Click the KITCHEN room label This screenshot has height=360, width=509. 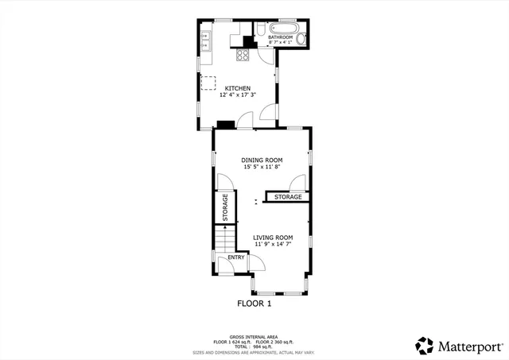237,88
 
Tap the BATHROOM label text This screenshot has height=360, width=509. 280,37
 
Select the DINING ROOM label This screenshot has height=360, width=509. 262,160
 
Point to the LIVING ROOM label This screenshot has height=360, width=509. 273,237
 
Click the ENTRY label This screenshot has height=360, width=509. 236,257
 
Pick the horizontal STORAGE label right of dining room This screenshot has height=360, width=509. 288,197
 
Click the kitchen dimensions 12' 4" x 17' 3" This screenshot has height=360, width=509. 237,95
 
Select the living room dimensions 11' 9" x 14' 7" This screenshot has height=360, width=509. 273,245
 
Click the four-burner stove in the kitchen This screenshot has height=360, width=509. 243,55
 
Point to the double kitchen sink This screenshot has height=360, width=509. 205,41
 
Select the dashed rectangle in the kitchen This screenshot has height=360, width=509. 208,83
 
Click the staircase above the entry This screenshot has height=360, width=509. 225,238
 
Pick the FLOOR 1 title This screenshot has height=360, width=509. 254,304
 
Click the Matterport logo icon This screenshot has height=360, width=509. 425,346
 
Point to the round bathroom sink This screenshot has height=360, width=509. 302,39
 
